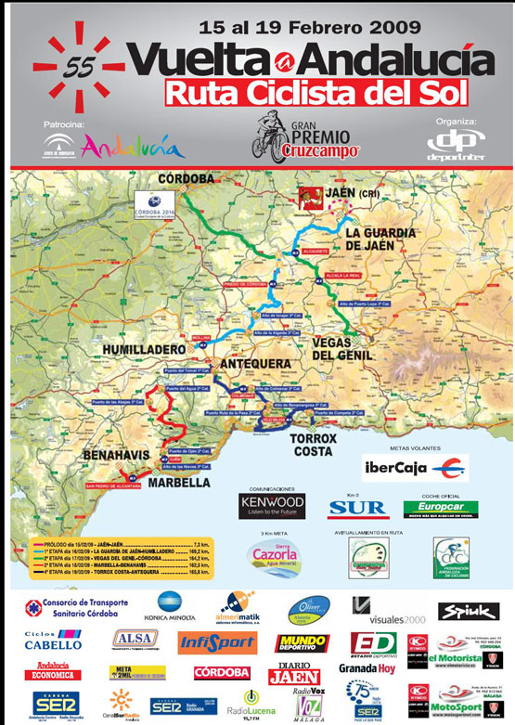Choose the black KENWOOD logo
[x=272, y=507]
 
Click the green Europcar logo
[x=440, y=508]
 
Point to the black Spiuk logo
[x=470, y=610]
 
